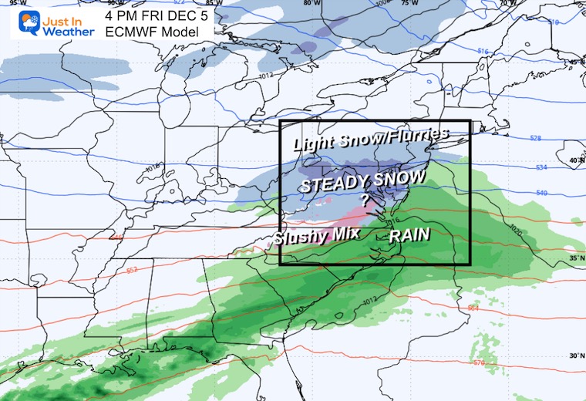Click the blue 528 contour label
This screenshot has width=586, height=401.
(x=536, y=138)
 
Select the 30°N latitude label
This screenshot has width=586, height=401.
(x=575, y=356)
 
